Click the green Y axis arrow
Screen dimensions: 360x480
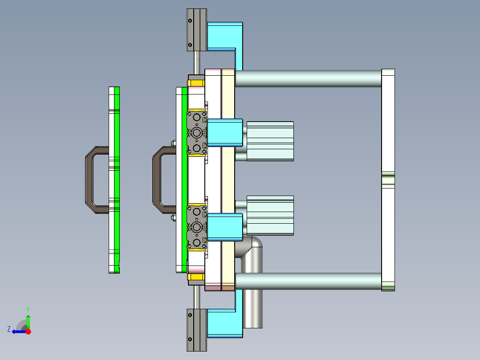point(28,320)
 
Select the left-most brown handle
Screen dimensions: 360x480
point(89,180)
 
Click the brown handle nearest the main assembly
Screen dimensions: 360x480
point(157,180)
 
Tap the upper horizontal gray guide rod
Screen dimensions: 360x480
point(307,78)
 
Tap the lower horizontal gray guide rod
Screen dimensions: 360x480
point(307,281)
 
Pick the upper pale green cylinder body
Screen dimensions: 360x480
point(270,141)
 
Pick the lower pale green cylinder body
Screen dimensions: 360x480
point(270,215)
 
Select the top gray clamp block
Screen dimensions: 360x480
point(196,30)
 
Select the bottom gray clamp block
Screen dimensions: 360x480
point(196,330)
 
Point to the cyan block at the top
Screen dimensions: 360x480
point(225,36)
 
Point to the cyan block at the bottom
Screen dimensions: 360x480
point(225,323)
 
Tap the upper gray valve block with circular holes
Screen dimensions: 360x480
point(196,132)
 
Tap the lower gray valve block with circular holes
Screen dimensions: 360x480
point(196,227)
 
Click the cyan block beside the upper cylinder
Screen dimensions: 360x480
point(225,133)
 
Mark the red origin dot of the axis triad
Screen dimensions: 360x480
point(28,331)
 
